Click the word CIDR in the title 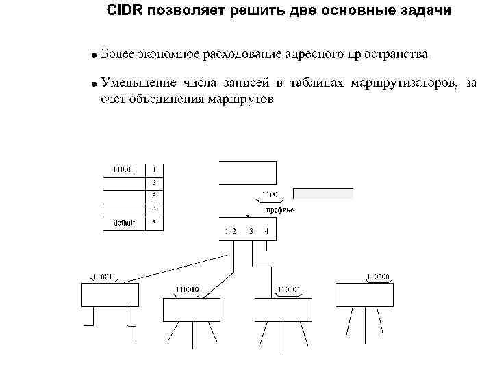tap(125, 12)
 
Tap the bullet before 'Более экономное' tap(94, 54)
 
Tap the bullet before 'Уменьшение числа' tap(94, 85)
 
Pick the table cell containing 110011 tap(124, 169)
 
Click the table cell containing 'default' tap(124, 223)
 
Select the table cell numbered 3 tap(154, 196)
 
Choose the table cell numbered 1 tap(154, 169)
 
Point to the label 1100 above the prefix tap(269, 195)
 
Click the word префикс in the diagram tap(280, 210)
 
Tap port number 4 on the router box tap(266, 231)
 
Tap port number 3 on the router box tap(251, 231)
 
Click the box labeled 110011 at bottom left tap(110, 295)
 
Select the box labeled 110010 tap(191, 309)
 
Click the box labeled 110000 tap(364, 295)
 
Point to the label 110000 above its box tap(378, 277)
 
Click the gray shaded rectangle tap(323, 193)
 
